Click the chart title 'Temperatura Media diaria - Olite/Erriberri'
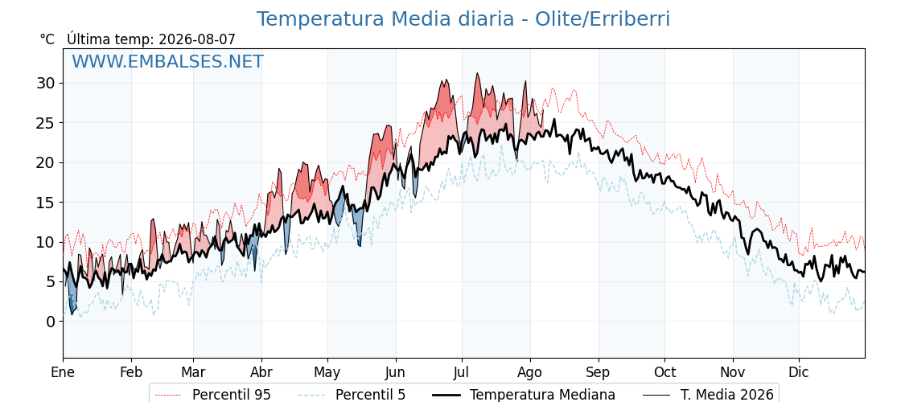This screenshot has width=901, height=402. (x=463, y=19)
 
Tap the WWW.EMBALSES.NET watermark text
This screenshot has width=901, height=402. (x=168, y=61)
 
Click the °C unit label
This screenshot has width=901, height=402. (x=47, y=39)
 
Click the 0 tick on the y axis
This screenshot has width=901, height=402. (x=51, y=321)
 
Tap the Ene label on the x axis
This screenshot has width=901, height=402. (x=63, y=372)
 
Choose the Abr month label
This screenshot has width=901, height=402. (x=261, y=372)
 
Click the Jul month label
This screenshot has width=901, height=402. (x=462, y=372)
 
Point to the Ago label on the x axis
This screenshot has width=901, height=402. (x=530, y=373)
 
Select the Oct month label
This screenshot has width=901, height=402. (x=664, y=372)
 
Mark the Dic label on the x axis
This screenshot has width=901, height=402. (x=799, y=372)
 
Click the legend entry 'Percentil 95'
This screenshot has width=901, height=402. (x=232, y=395)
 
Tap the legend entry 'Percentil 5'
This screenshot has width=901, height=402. (x=370, y=395)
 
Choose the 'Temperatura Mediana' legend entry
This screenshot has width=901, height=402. (x=542, y=395)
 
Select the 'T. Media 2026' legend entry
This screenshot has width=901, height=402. (x=727, y=395)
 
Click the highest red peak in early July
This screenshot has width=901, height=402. (x=477, y=73)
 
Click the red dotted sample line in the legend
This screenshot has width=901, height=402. (x=168, y=395)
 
